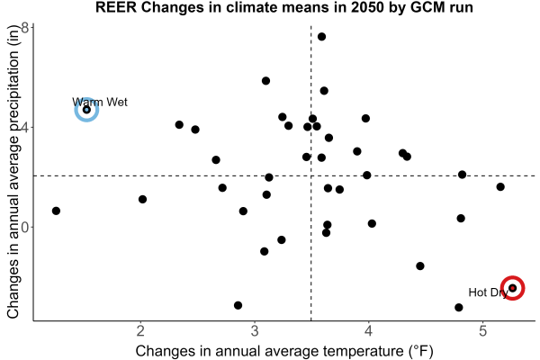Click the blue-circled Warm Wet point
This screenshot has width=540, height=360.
pyautogui.click(x=86, y=110)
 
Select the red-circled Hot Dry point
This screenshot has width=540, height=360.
pyautogui.click(x=512, y=288)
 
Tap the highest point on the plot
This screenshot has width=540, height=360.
pyautogui.click(x=321, y=37)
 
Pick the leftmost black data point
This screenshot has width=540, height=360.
pyautogui.click(x=56, y=211)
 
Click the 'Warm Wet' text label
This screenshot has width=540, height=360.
pyautogui.click(x=100, y=102)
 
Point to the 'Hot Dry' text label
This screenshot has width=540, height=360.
pyautogui.click(x=488, y=292)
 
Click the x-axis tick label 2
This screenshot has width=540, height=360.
pyautogui.click(x=140, y=331)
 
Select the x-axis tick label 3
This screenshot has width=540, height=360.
pyautogui.click(x=255, y=331)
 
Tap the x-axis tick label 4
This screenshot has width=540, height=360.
pyautogui.click(x=369, y=331)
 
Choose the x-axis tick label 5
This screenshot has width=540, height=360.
pyautogui.click(x=482, y=331)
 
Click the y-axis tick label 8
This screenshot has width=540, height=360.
pyautogui.click(x=25, y=28)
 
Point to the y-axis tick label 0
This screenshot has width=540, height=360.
pyautogui.click(x=25, y=228)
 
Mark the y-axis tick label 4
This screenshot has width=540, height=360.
pyautogui.click(x=25, y=128)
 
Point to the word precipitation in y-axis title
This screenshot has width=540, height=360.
pyautogui.click(x=13, y=106)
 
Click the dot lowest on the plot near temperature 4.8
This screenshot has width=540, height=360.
pyautogui.click(x=459, y=307)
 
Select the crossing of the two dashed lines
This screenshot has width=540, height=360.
pyautogui.click(x=311, y=176)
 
